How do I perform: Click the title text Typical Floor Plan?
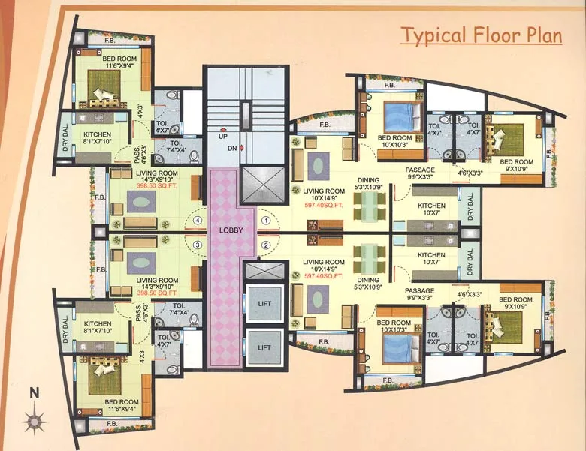(480, 35)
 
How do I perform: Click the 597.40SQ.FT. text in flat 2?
(324, 276)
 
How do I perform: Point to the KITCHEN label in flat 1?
(431, 209)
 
